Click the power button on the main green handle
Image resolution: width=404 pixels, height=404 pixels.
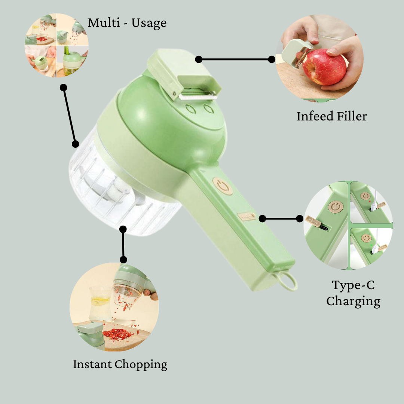(x=223, y=186)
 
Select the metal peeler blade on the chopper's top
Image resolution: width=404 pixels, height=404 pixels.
(x=198, y=96)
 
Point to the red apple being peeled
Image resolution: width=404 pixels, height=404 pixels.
(x=324, y=69)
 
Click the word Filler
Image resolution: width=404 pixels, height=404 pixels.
(x=351, y=116)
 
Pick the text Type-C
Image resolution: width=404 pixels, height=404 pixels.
(x=353, y=285)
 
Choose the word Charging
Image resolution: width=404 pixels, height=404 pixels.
(x=353, y=301)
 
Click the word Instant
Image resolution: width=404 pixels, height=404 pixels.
(x=92, y=364)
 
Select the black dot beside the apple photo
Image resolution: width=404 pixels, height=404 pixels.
(x=272, y=59)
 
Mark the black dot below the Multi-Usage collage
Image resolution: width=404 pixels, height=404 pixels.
(x=64, y=87)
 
